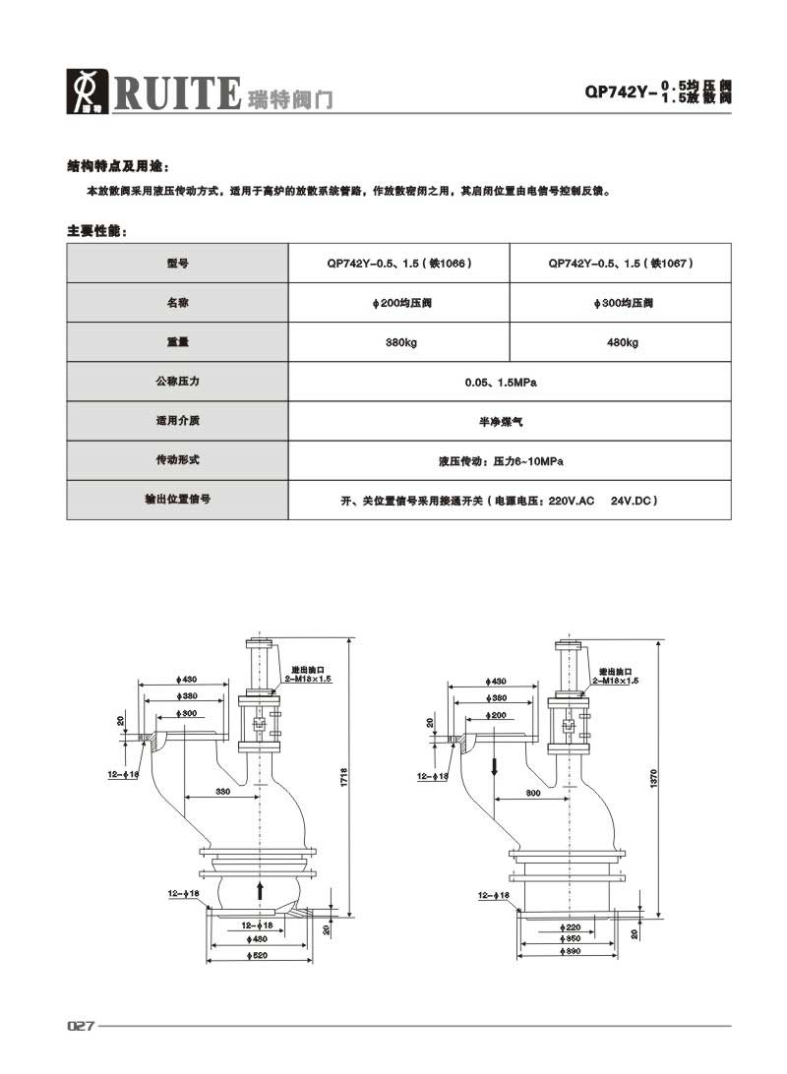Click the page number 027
[81, 1026]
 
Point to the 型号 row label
[177, 263]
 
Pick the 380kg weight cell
[398, 342]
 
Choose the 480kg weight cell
[622, 342]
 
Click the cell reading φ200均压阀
[398, 303]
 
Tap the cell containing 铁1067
[622, 263]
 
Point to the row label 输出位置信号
[177, 500]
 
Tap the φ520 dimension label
[259, 956]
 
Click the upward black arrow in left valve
[260, 890]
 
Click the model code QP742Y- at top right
[620, 94]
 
